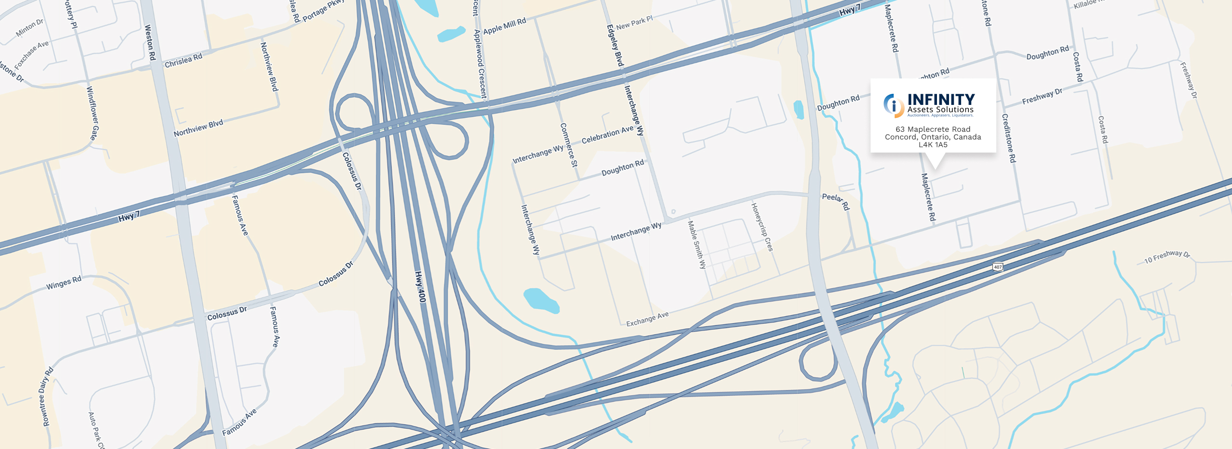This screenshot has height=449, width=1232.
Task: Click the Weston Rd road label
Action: (151, 42)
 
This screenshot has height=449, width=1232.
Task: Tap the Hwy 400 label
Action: (421, 287)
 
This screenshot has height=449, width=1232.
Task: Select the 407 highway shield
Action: (998, 267)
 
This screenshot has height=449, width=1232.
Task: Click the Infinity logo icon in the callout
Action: (894, 105)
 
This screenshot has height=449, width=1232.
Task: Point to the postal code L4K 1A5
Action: (933, 145)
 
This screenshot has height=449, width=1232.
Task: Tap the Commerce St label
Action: (568, 145)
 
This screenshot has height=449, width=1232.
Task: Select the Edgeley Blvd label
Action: (615, 45)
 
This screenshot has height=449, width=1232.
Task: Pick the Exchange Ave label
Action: (647, 319)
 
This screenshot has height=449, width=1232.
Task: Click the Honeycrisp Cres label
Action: (762, 227)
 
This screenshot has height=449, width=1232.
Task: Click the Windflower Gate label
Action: (91, 113)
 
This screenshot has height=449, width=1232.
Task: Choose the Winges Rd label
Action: (64, 283)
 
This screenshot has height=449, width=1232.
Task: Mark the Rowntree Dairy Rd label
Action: (48, 397)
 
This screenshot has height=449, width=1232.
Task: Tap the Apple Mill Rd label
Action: (504, 26)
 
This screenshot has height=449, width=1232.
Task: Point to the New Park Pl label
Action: (634, 23)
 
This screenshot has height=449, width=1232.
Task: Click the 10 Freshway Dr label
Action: (1167, 257)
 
